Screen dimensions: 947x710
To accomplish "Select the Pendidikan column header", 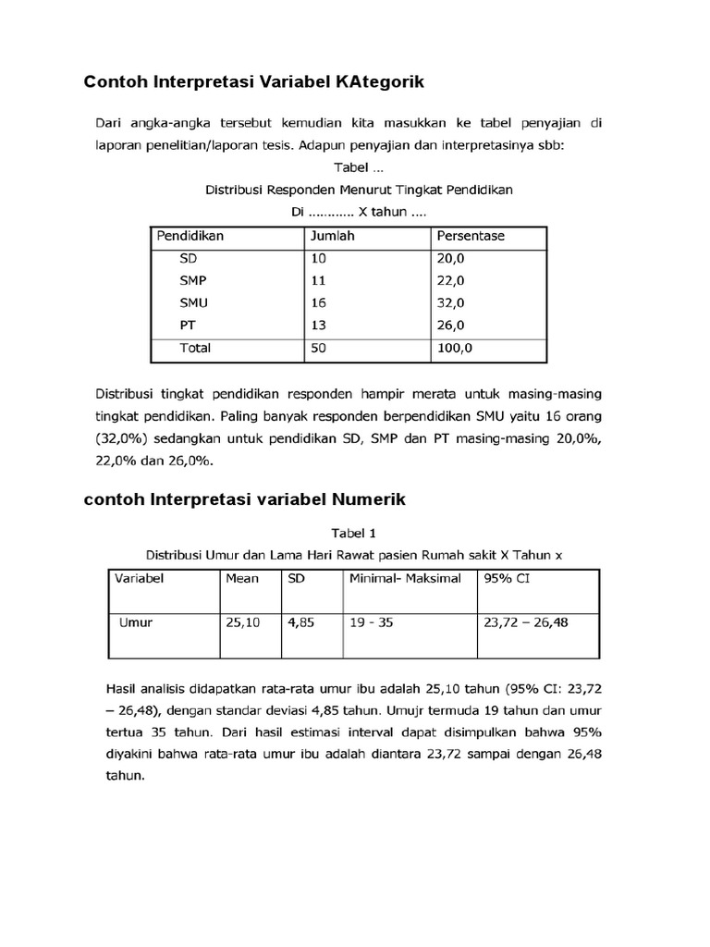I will (190, 236).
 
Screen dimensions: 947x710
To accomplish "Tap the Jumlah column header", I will (332, 236).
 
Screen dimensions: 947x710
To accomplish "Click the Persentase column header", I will (471, 236).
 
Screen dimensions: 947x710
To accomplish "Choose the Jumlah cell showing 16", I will (318, 302).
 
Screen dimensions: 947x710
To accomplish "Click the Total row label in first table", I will (196, 348).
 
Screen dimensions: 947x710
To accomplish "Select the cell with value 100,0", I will (454, 348).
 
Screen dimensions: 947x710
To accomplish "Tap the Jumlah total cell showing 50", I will (318, 348).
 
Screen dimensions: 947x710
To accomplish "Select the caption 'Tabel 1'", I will (354, 534).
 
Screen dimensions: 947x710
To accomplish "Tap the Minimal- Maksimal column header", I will (405, 579).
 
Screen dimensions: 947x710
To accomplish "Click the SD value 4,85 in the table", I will (300, 622).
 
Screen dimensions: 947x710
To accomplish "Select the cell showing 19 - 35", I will (372, 622).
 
